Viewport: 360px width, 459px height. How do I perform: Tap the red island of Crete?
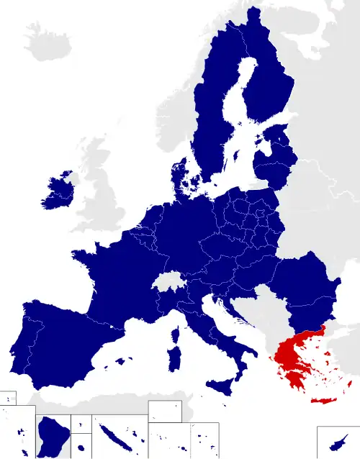coord(324,401)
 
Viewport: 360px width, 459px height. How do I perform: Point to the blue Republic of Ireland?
coord(58,194)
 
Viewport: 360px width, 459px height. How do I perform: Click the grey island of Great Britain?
coord(97,194)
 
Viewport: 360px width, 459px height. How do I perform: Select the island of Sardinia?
coord(173,359)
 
